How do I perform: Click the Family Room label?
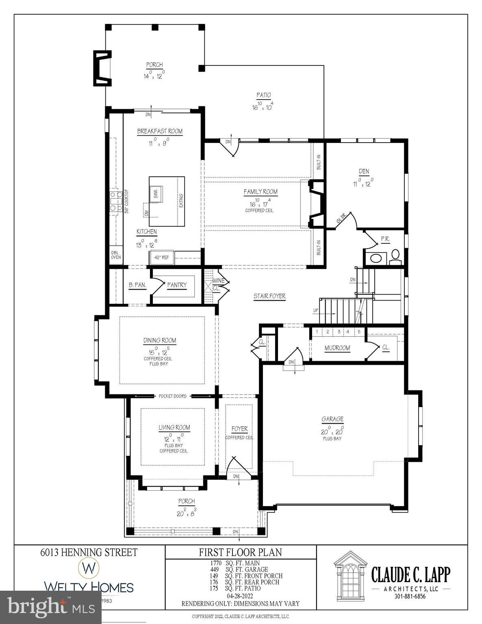[261, 192]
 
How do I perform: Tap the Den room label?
[364, 171]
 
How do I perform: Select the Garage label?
[332, 419]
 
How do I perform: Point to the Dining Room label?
[160, 340]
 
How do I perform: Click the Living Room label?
[174, 427]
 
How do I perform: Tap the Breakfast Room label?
[160, 131]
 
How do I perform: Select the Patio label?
[263, 95]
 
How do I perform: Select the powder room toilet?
[395, 255]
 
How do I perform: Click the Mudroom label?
[337, 348]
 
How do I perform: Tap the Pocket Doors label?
[173, 396]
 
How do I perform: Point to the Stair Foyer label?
[269, 296]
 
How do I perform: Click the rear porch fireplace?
[102, 68]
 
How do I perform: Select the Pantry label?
[177, 285]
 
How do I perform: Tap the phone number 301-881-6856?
[410, 596]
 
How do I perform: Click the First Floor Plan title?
[240, 552]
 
